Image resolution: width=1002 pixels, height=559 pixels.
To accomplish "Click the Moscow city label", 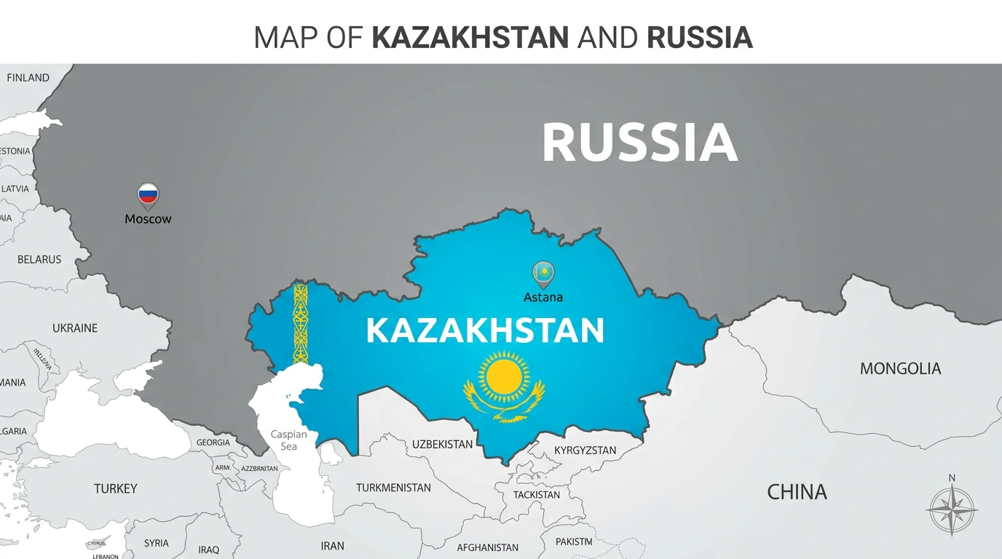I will pyautogui.click(x=148, y=218).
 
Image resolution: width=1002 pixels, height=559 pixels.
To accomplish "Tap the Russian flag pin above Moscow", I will pyautogui.click(x=148, y=194).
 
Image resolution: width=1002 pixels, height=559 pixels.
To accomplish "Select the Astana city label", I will pyautogui.click(x=543, y=297).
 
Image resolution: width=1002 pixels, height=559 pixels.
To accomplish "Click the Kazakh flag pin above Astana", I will pyautogui.click(x=543, y=273).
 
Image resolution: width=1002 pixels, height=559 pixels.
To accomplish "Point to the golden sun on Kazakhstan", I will pyautogui.click(x=504, y=375).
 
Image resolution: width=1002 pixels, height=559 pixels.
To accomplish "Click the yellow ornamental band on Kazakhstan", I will pyautogui.click(x=300, y=323).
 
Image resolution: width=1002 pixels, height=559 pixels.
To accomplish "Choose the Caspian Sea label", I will pyautogui.click(x=289, y=440).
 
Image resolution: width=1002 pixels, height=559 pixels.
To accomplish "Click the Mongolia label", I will pyautogui.click(x=900, y=368).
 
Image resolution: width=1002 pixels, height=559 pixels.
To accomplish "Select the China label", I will pyautogui.click(x=797, y=492).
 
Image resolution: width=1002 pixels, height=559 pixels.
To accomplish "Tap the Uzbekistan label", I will pyautogui.click(x=442, y=444).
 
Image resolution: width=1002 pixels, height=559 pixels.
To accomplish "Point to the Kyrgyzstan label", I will pyautogui.click(x=585, y=451).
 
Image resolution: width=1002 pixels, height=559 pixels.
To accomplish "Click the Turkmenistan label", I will pyautogui.click(x=393, y=488).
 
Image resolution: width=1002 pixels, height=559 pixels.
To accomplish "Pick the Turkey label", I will pyautogui.click(x=115, y=488).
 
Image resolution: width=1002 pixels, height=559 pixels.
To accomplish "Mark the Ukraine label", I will pyautogui.click(x=75, y=328).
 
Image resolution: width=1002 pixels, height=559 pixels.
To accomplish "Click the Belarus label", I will pyautogui.click(x=39, y=259).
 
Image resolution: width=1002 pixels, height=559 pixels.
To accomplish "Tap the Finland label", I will pyautogui.click(x=28, y=78).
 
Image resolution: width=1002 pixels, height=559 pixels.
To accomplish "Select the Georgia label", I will pyautogui.click(x=213, y=443).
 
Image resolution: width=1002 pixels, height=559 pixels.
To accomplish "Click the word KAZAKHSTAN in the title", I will pyautogui.click(x=470, y=38).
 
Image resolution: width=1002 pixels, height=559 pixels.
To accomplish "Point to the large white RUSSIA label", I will pyautogui.click(x=639, y=143).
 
